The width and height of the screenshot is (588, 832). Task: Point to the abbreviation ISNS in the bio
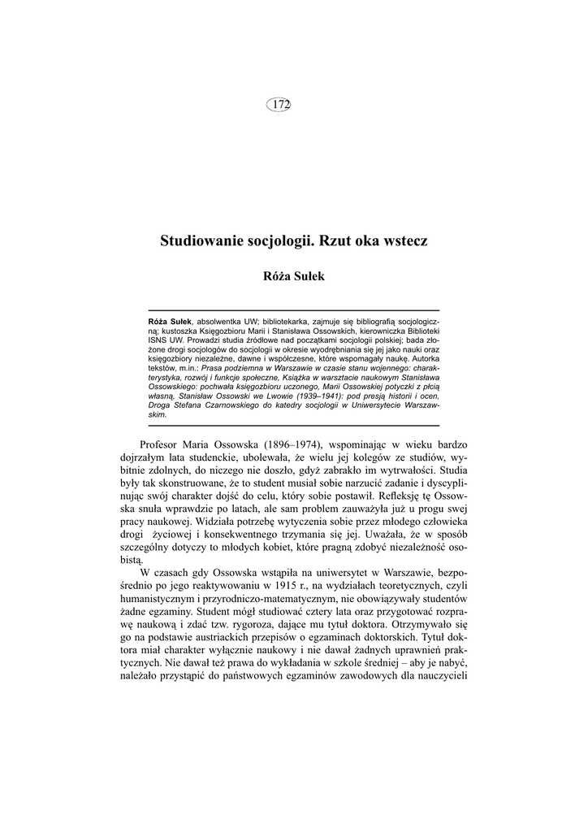point(158,341)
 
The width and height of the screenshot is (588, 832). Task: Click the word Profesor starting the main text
point(164,446)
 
